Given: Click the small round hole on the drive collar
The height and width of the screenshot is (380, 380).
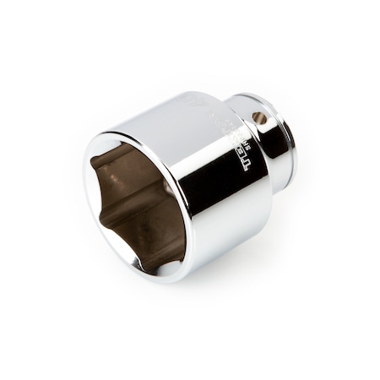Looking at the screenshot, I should tap(260, 118).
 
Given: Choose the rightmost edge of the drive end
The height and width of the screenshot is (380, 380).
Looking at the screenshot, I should tap(295, 139).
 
